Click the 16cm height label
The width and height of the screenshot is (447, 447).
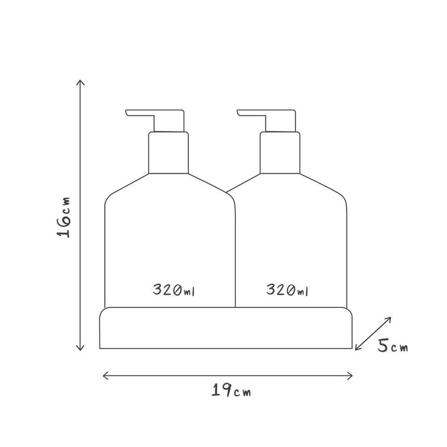point(63,217)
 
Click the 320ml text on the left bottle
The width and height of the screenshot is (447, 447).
point(173,290)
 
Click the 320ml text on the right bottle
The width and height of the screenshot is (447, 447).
point(287,290)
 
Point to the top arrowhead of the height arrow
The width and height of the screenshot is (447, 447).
point(80,80)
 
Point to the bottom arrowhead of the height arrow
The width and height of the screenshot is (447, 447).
point(80,350)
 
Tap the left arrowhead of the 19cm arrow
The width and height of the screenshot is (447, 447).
point(103,376)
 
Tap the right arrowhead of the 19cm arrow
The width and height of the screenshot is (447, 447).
point(352,376)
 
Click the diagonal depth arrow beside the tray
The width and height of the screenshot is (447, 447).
point(373,333)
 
